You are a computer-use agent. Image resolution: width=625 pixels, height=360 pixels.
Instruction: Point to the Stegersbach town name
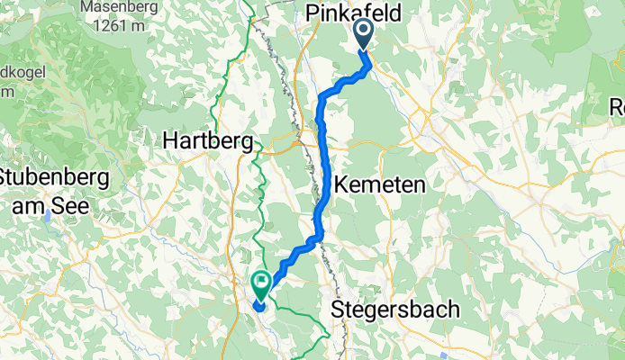click(x=395, y=310)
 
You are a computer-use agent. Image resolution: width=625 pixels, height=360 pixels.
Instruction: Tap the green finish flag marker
click(x=261, y=285)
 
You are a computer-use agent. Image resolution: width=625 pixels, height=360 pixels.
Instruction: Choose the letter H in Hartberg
click(x=170, y=140)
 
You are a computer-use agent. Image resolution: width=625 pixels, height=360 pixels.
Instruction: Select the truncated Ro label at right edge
click(x=617, y=106)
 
